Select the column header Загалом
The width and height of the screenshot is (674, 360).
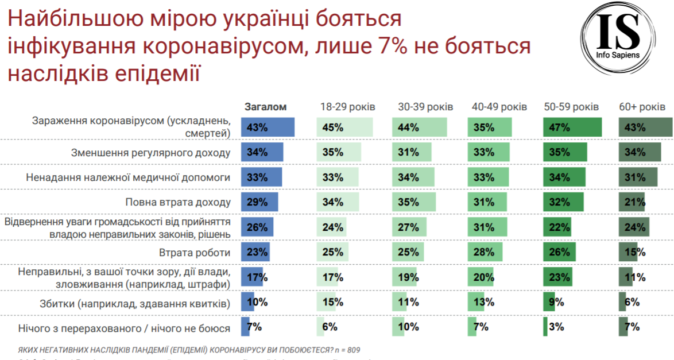coord(265,107)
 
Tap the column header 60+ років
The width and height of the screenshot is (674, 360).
coord(642,107)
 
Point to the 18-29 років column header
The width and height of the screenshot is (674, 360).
coord(347,107)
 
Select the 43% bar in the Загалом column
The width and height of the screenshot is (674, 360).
coord(268,127)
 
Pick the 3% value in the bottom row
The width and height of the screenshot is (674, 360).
coord(555,327)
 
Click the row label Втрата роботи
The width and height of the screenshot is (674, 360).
coord(195,252)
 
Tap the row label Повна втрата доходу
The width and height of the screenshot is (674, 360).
coord(178,202)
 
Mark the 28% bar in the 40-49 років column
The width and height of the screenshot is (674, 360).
coord(485,252)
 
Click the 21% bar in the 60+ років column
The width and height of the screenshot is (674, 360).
coord(632,202)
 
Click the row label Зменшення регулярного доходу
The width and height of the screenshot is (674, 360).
coord(150,153)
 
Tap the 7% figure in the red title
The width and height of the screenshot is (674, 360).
coord(392,47)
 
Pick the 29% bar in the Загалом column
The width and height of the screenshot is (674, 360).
coord(259,202)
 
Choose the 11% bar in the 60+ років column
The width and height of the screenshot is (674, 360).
coord(626,277)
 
